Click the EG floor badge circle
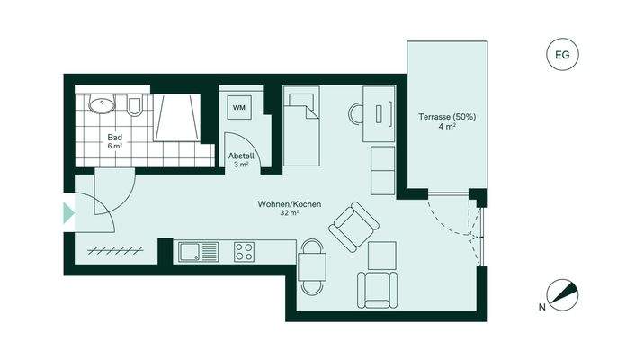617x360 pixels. (x=563, y=55)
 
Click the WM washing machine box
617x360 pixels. (x=238, y=108)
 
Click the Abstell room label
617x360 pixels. (x=240, y=156)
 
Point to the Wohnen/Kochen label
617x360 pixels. (x=289, y=204)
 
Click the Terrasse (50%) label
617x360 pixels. (x=447, y=116)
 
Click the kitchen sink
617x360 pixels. (x=192, y=251)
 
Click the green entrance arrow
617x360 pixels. (x=68, y=213)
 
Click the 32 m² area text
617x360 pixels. (x=289, y=214)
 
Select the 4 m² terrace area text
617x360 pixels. (x=447, y=127)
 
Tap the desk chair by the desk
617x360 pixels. (x=357, y=113)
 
